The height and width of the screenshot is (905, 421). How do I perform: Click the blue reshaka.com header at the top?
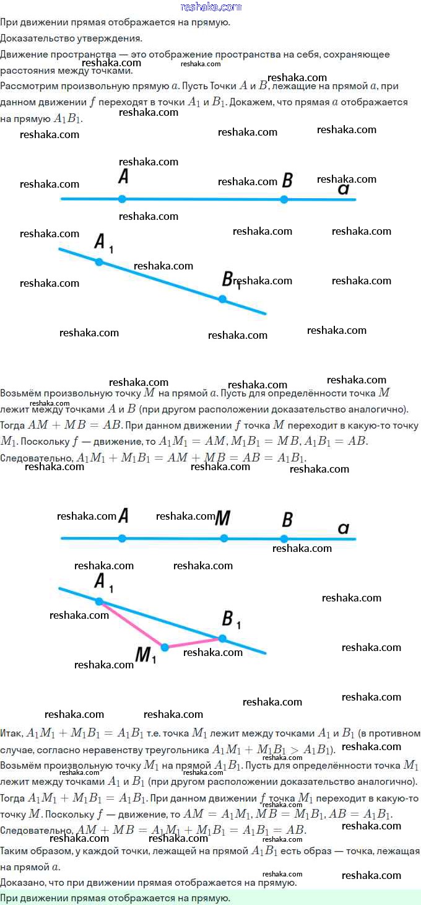tap(210, 7)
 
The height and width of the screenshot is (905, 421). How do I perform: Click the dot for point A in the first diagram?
tap(122, 199)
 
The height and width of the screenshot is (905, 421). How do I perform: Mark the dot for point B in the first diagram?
tap(284, 199)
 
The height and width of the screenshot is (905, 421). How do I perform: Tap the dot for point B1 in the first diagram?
tap(222, 299)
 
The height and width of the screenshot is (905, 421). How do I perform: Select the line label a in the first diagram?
tap(344, 189)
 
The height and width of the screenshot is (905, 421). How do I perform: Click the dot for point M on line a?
tap(224, 538)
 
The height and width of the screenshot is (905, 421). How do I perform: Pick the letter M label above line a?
tap(223, 517)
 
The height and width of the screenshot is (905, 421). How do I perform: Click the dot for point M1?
tap(165, 647)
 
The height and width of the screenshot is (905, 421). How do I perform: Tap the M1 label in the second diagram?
tap(145, 655)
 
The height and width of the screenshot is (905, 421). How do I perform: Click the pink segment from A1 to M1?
tap(132, 624)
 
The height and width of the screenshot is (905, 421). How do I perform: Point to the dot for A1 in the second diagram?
tap(99, 601)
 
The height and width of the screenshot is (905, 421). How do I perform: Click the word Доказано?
tap(22, 883)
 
